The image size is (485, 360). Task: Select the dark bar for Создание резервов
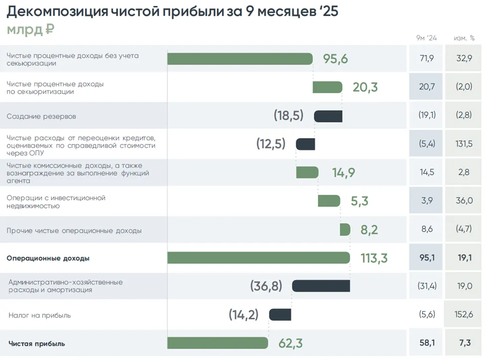point(328,116)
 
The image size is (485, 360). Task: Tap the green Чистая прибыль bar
point(218,343)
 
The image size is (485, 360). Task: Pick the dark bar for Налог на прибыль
point(280,315)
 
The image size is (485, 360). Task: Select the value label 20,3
point(365,88)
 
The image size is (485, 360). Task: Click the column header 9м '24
point(426,38)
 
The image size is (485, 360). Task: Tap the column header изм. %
point(464,38)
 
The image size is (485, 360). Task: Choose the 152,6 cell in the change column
point(464,315)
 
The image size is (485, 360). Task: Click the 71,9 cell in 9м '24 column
point(427,58)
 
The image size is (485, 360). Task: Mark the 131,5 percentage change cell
point(464,144)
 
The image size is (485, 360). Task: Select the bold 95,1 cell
point(427,258)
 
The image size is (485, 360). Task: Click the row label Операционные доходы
point(48,258)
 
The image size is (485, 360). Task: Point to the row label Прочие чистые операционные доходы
point(74,231)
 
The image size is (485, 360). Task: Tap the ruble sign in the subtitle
point(49,30)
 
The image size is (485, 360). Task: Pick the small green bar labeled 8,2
point(345,230)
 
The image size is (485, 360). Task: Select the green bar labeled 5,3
point(329,201)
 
